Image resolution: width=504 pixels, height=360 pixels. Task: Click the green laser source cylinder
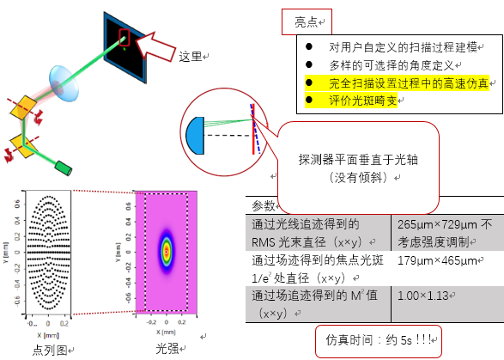[64, 168]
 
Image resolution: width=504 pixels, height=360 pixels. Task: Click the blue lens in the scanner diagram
[64, 83]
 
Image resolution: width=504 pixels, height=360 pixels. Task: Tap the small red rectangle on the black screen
[124, 37]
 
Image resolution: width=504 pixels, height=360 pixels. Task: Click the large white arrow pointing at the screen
[155, 46]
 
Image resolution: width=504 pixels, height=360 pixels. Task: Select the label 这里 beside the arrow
[191, 57]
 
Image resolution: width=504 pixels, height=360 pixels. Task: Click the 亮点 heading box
[307, 21]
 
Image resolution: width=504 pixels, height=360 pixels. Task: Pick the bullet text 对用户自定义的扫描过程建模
[403, 47]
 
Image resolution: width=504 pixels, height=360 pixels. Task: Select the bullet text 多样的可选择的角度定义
[392, 65]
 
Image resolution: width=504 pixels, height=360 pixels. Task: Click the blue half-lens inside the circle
[196, 136]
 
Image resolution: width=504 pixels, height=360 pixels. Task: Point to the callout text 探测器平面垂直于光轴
[358, 160]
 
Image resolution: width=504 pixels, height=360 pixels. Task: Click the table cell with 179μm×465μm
[437, 260]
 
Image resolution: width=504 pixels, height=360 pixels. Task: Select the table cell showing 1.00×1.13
[423, 296]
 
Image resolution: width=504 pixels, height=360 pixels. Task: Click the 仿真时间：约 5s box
[379, 341]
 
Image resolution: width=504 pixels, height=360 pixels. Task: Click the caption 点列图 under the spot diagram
[50, 350]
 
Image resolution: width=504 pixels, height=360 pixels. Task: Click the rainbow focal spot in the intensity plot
[167, 252]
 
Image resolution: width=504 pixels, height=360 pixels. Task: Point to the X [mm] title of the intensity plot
[166, 332]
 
